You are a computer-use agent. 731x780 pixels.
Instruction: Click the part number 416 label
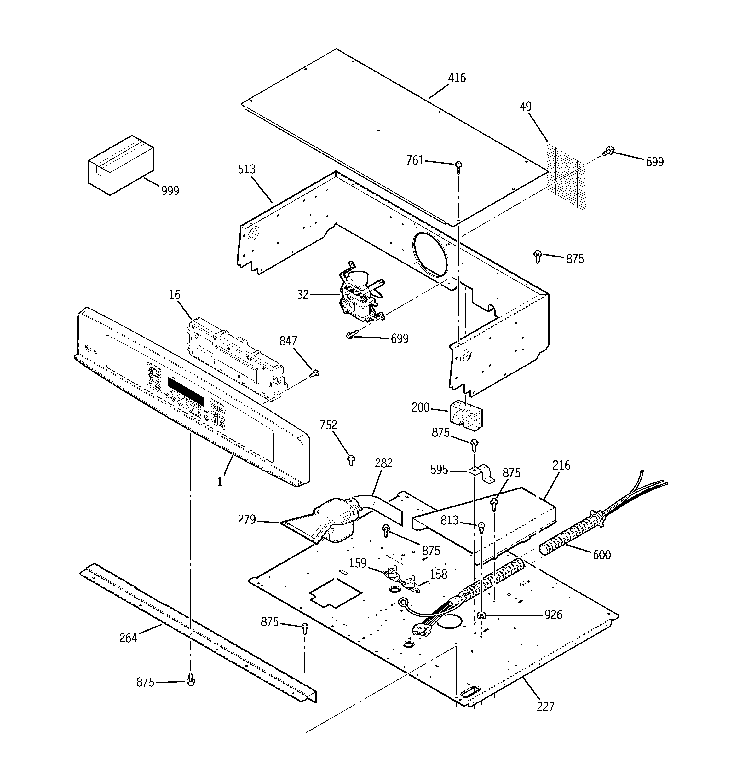click(457, 78)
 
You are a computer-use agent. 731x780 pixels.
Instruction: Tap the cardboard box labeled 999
click(121, 165)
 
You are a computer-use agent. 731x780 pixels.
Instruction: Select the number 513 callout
click(246, 169)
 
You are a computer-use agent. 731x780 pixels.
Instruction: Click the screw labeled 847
click(315, 373)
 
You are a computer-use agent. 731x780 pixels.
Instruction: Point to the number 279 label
click(247, 520)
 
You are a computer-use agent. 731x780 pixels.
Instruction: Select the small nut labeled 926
click(481, 615)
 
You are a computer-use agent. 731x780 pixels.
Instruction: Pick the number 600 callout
click(601, 554)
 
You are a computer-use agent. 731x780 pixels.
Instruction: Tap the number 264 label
click(128, 638)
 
